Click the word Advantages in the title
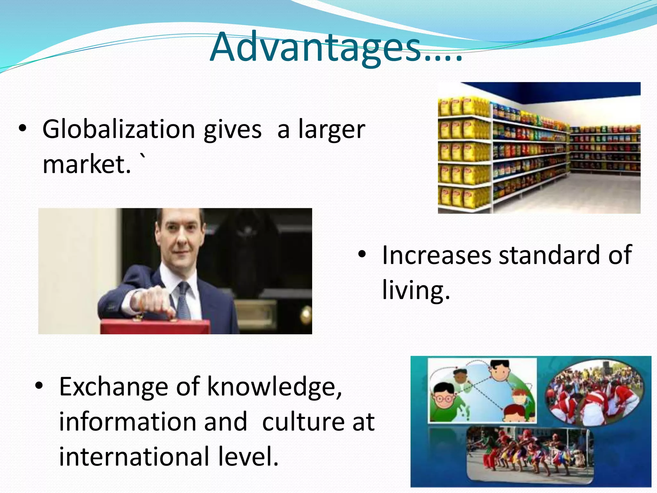click(316, 48)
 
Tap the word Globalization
click(119, 129)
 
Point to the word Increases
click(437, 255)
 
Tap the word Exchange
click(114, 387)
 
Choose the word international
click(134, 456)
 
